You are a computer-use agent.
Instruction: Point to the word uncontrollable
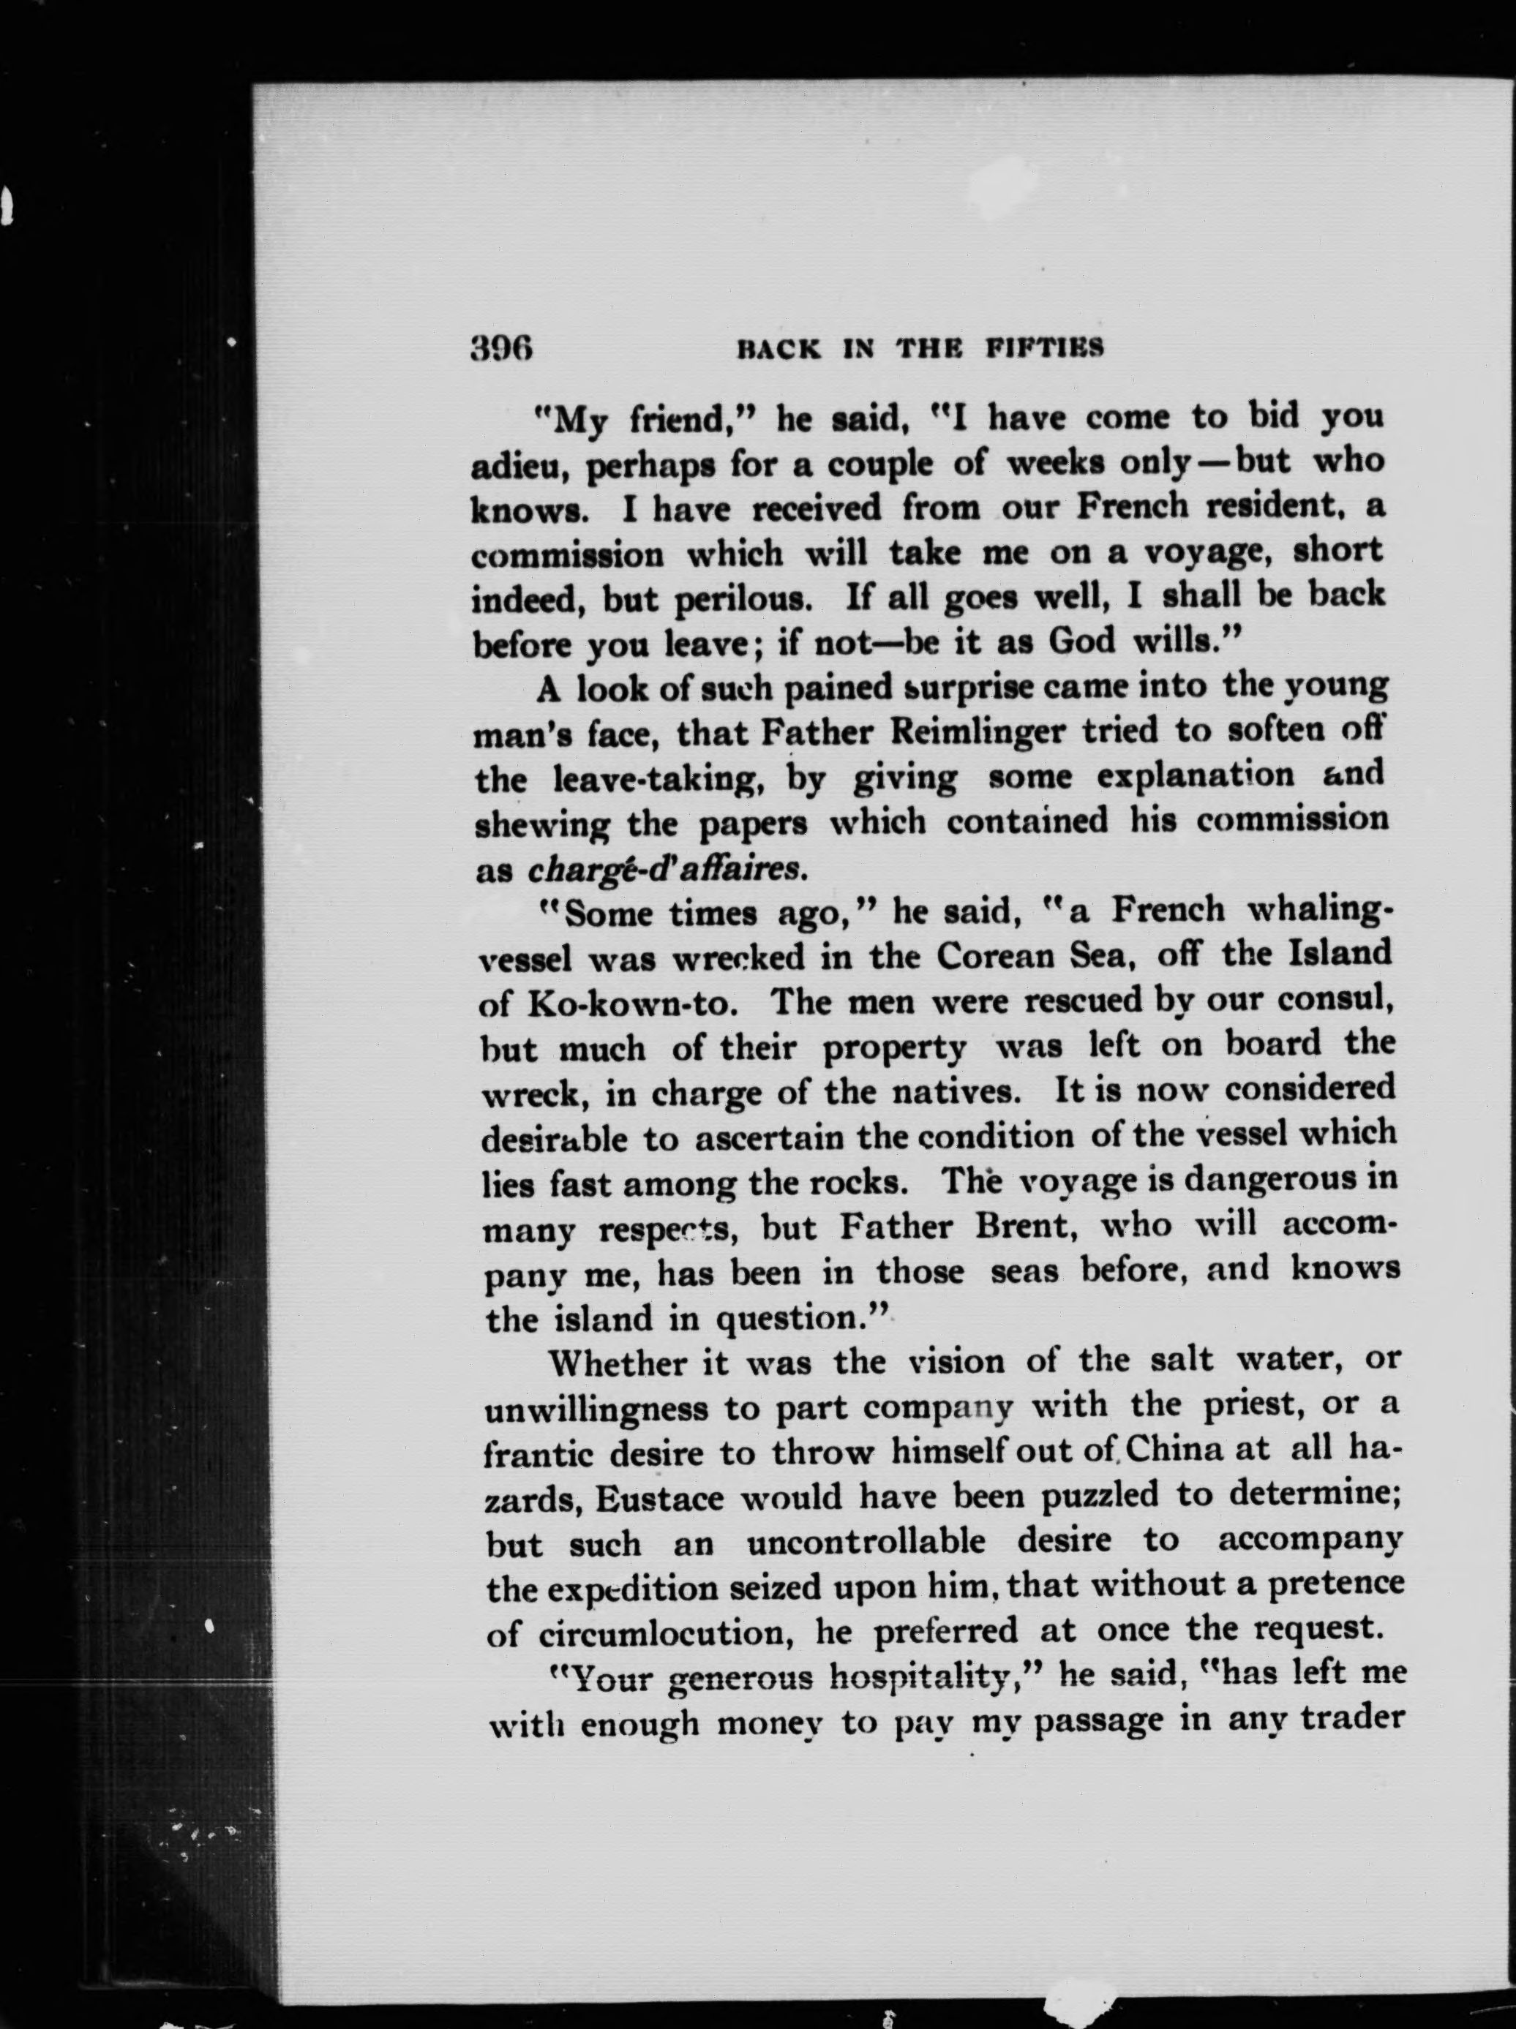[x=866, y=1543]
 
